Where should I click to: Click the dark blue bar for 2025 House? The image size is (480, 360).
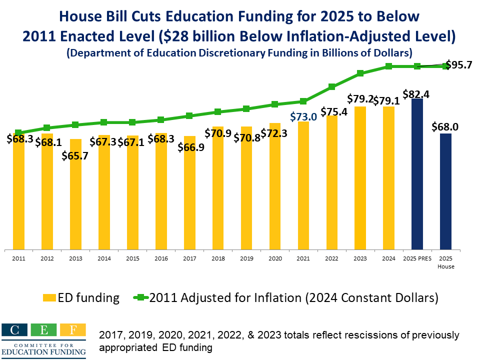(445, 191)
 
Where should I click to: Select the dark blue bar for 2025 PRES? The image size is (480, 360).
(417, 173)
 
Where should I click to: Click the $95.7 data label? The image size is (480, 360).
(458, 65)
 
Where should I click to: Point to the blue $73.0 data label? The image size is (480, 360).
(303, 116)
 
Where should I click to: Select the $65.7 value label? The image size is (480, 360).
(75, 155)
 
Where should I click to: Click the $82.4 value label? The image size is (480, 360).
(417, 94)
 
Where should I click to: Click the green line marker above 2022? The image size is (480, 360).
(331, 87)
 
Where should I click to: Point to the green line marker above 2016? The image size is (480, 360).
(160, 120)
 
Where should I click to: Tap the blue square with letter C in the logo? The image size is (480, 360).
(15, 330)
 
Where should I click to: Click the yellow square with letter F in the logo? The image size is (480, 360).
(72, 330)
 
